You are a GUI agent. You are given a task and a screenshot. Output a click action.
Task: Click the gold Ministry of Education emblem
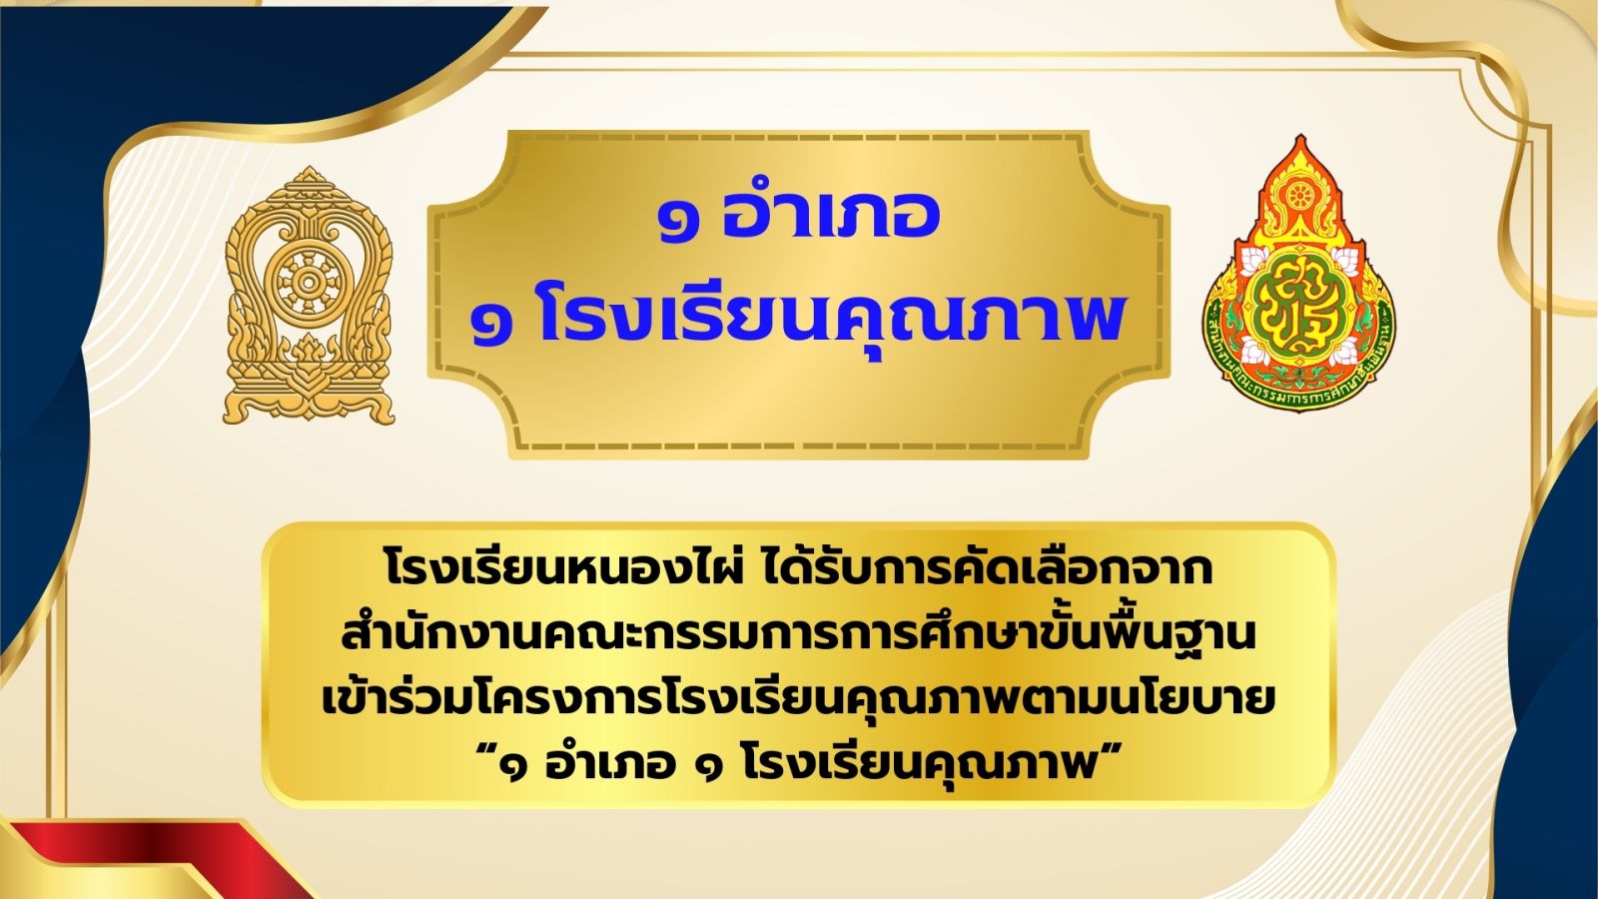[x=309, y=296]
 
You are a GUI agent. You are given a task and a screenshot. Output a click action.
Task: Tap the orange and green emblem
[x=1299, y=271]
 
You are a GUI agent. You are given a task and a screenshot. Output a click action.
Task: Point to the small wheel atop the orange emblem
[x=1299, y=196]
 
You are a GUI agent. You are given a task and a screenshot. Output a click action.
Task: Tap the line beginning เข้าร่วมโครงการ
[x=798, y=700]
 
